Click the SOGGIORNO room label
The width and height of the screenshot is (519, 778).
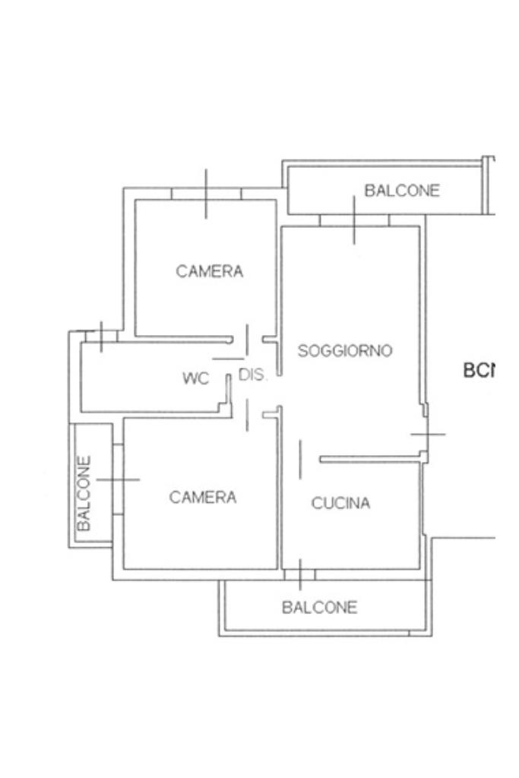(345, 351)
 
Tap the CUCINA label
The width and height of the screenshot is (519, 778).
(340, 503)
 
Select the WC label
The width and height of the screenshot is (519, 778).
(195, 378)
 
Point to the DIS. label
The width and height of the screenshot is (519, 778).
(253, 375)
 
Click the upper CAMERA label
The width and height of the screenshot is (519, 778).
(210, 271)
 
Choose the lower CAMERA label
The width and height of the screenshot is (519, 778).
(203, 497)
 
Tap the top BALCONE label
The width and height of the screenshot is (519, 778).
(402, 191)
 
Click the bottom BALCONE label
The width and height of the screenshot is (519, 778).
(319, 607)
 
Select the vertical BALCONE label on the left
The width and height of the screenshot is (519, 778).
(84, 492)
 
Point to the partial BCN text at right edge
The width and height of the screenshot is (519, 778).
(479, 371)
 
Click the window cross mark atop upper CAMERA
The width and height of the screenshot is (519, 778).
(206, 194)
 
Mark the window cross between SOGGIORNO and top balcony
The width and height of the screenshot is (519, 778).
(354, 220)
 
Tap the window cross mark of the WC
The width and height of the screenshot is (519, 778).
(101, 336)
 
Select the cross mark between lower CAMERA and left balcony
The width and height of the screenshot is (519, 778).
(118, 479)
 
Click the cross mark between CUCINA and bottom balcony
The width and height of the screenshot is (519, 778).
(300, 574)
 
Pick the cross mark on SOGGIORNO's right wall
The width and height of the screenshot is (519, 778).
(428, 434)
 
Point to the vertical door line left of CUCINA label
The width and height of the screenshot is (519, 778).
(300, 460)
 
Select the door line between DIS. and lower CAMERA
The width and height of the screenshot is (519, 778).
(247, 414)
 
